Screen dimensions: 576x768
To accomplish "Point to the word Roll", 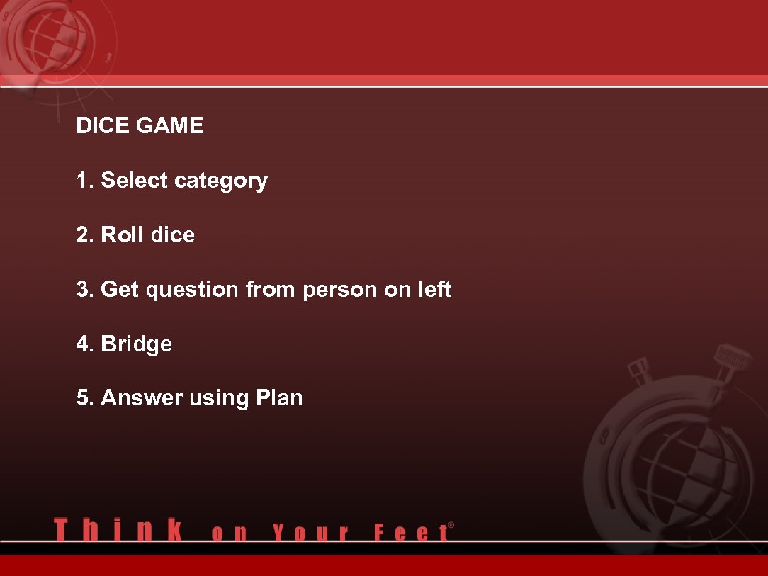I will (x=122, y=235).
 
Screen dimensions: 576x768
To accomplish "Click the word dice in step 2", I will (x=172, y=235).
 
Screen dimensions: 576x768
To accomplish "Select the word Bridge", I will (x=137, y=344).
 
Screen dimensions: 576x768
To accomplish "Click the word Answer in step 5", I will (x=142, y=398).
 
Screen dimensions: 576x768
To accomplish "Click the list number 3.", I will (x=84, y=290).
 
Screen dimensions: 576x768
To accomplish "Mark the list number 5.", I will (x=84, y=398).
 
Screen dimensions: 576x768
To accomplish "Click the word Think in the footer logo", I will (x=118, y=530).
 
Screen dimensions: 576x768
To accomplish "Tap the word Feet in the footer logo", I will (x=410, y=532).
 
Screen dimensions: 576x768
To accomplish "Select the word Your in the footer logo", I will (x=310, y=532).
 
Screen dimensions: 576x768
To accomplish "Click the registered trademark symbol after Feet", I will (x=451, y=525).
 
